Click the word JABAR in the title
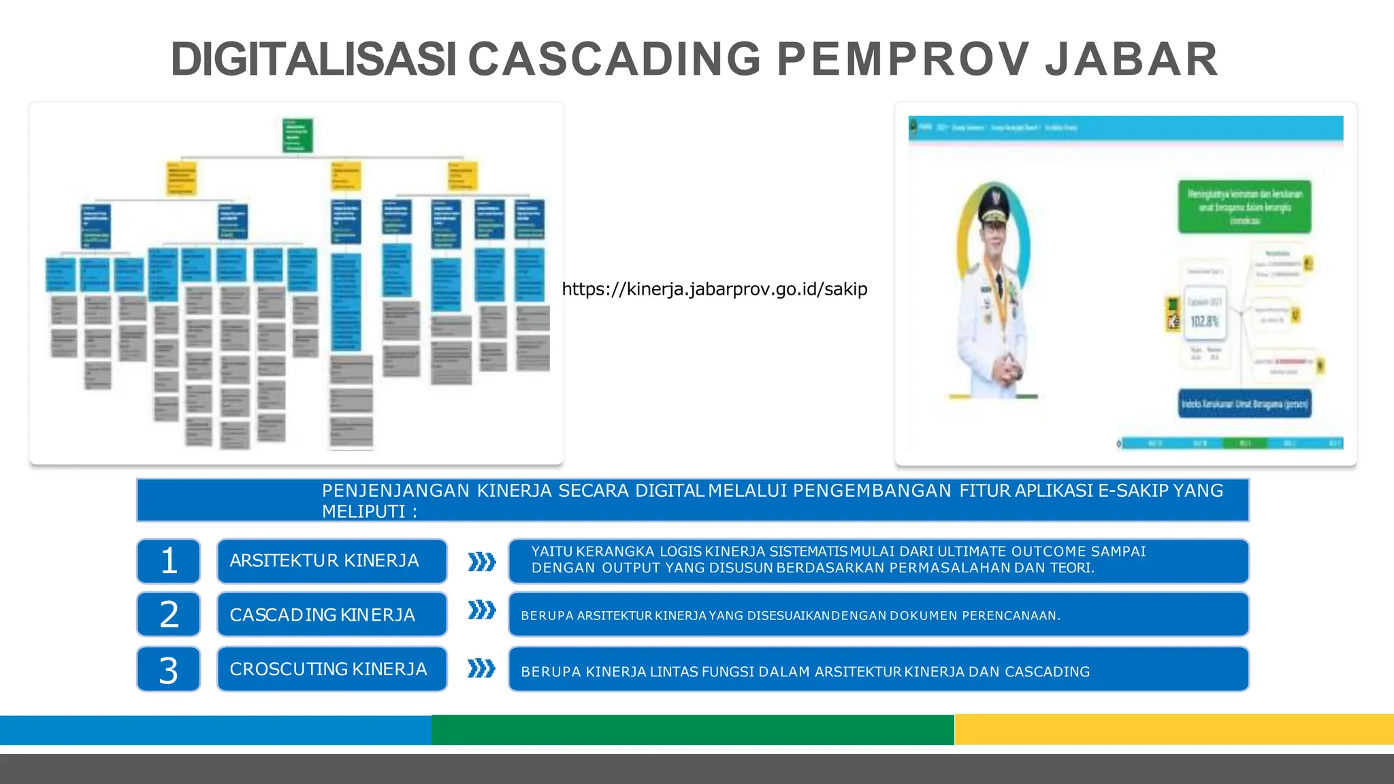tap(1131, 59)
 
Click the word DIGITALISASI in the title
tap(313, 59)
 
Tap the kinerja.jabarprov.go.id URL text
tap(715, 289)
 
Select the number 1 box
tap(169, 561)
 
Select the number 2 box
tap(169, 615)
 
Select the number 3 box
tap(169, 670)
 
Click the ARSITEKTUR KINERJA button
tap(331, 561)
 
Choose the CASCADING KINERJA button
tap(331, 615)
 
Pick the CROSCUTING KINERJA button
tap(331, 670)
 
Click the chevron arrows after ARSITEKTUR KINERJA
tap(482, 562)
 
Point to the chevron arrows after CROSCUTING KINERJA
tap(482, 669)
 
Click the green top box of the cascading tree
tap(297, 135)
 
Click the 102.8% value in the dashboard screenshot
tap(1204, 321)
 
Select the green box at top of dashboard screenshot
tap(1244, 206)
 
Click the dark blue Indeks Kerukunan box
tap(1244, 404)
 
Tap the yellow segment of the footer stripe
tap(1173, 730)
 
